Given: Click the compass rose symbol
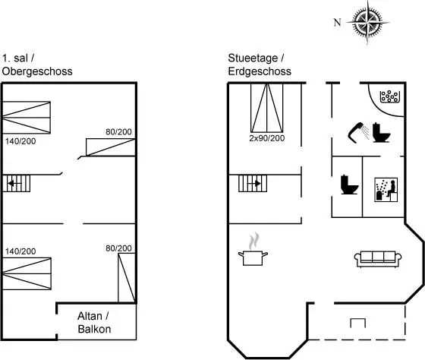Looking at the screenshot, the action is [x=368, y=22].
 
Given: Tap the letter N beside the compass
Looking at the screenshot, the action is [x=337, y=22].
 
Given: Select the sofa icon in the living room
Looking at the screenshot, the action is [x=378, y=259].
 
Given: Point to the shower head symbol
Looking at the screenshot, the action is [x=358, y=133].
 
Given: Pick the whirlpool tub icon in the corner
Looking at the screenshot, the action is [x=390, y=96].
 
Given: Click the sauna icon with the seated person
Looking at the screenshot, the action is [x=386, y=190].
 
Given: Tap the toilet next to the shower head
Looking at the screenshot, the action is [x=381, y=133].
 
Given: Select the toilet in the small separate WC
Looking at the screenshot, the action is [x=349, y=185].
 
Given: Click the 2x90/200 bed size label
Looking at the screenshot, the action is [x=267, y=138].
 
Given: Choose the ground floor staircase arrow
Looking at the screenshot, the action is [x=256, y=184].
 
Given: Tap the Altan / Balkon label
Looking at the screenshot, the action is [x=94, y=323].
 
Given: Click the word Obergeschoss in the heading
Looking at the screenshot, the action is [x=37, y=71].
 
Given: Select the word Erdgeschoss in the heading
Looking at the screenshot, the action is [x=260, y=71].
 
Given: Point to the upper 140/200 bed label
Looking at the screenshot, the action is [x=20, y=141].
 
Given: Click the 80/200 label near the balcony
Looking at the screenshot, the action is [x=118, y=248].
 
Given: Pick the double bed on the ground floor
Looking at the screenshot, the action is [x=266, y=108].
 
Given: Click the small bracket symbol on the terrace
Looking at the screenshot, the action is [x=357, y=323].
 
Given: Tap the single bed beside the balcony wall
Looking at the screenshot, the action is [x=127, y=278].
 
